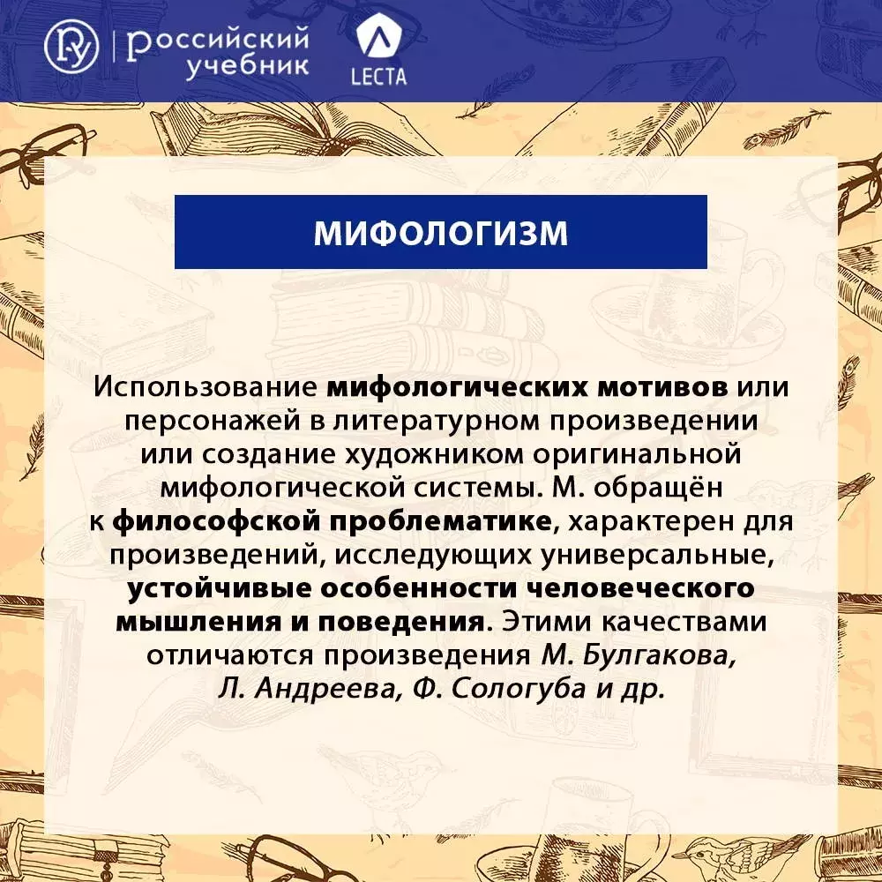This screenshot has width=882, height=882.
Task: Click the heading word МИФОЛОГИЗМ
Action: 440,232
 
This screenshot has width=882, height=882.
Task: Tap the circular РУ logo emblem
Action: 71,47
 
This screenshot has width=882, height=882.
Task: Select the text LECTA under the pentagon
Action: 378,77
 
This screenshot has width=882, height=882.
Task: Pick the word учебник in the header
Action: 247,66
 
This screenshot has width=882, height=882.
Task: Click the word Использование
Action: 206,387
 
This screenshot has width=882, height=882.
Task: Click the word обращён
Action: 658,487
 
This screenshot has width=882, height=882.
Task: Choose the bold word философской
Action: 217,521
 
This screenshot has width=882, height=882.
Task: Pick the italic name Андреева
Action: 328,689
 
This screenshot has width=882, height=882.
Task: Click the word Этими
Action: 548,622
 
